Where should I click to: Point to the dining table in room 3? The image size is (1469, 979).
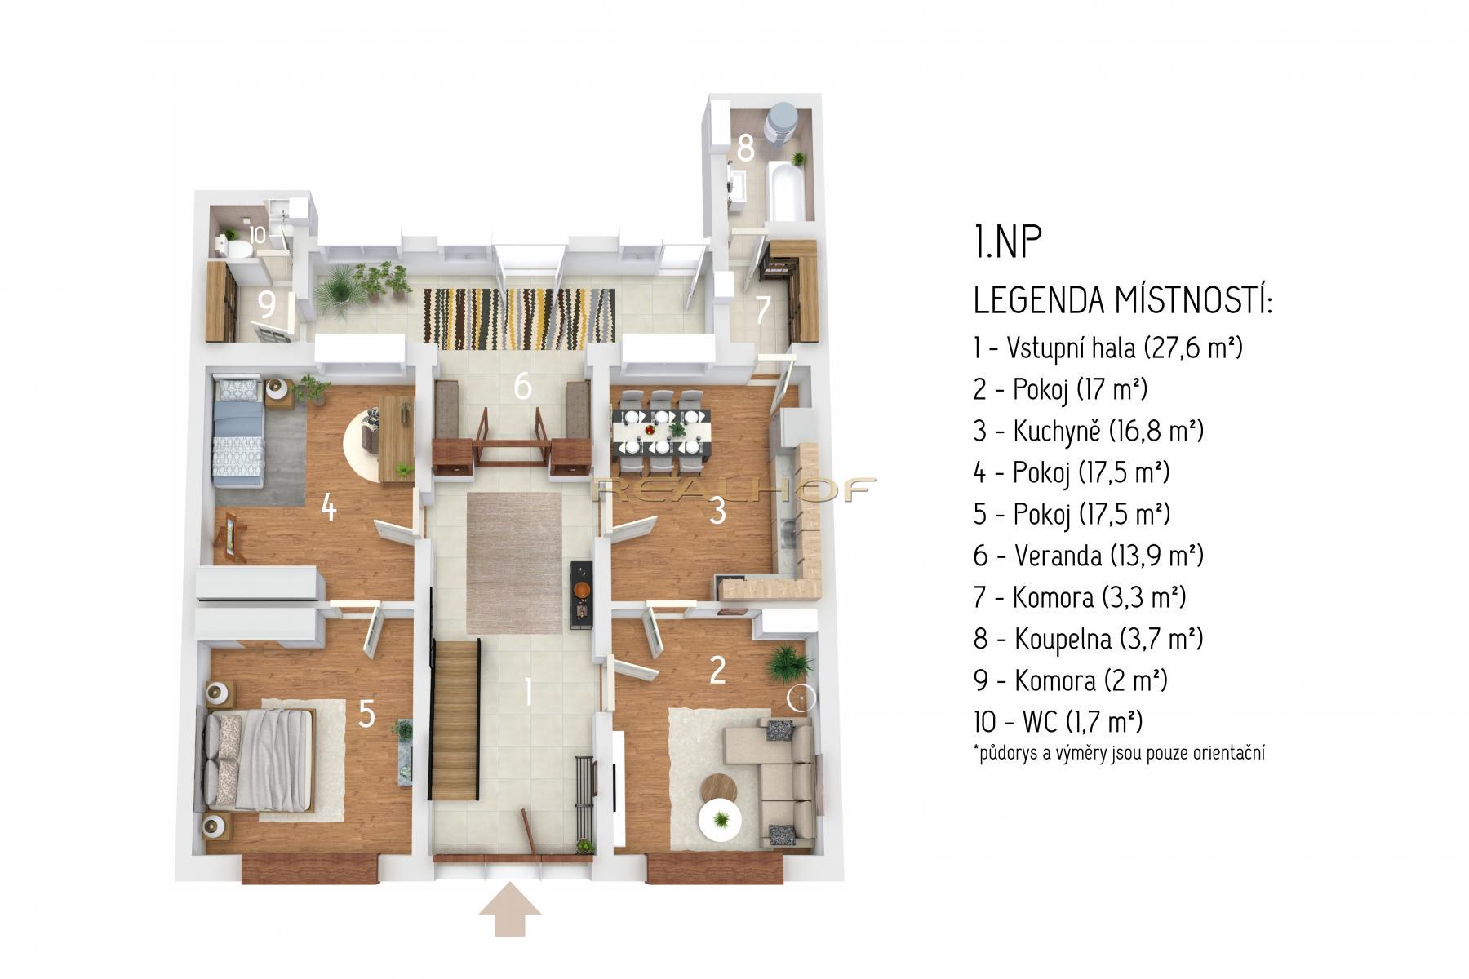(x=662, y=432)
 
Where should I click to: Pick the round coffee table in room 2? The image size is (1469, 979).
(x=721, y=791)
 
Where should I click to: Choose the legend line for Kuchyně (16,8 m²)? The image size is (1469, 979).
(x=1089, y=431)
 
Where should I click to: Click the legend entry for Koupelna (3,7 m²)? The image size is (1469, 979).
(x=1088, y=638)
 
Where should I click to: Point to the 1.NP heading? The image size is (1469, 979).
(x=1009, y=243)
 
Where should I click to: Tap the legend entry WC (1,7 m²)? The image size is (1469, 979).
(x=1058, y=721)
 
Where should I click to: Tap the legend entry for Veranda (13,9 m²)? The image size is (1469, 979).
(x=1089, y=556)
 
